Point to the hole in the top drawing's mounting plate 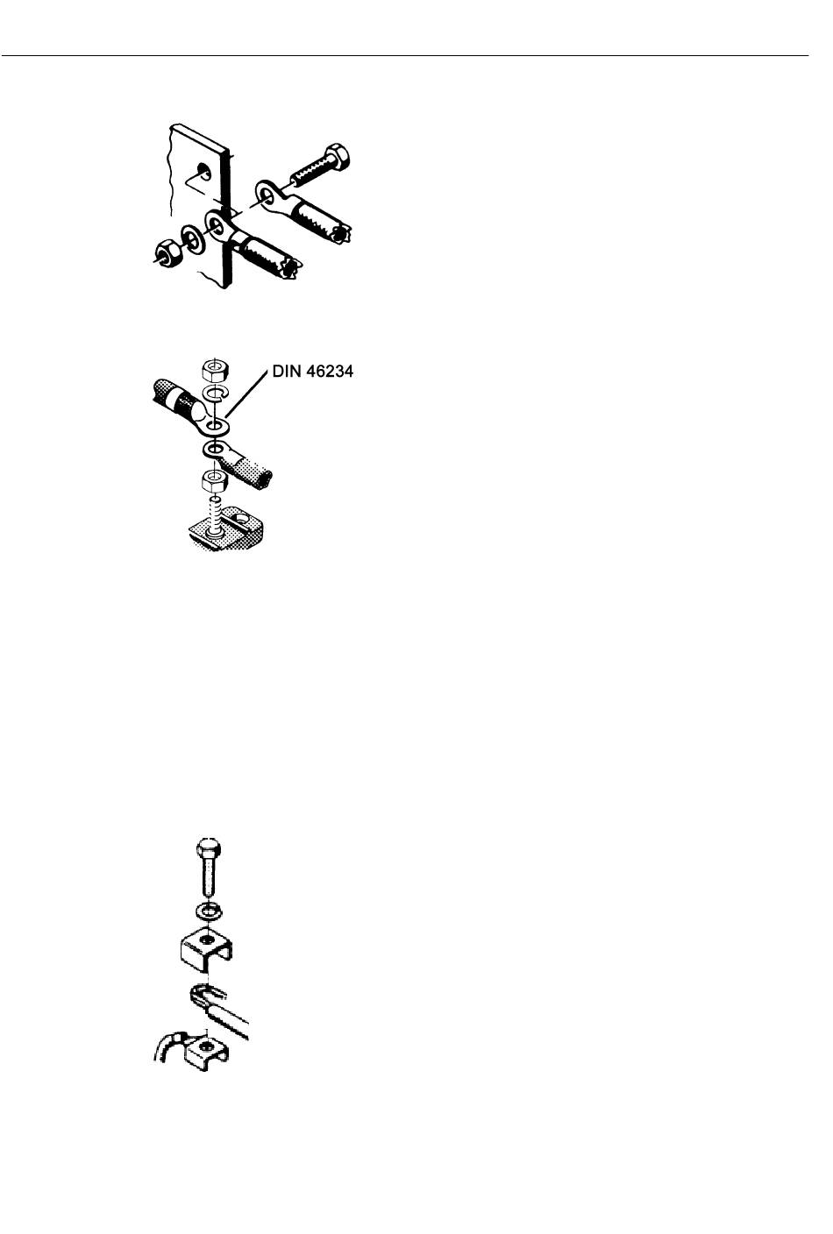pyautogui.click(x=203, y=169)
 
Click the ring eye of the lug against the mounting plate pyautogui.click(x=215, y=223)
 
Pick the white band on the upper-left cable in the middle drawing pyautogui.click(x=186, y=402)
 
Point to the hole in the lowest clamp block pyautogui.click(x=207, y=1046)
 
